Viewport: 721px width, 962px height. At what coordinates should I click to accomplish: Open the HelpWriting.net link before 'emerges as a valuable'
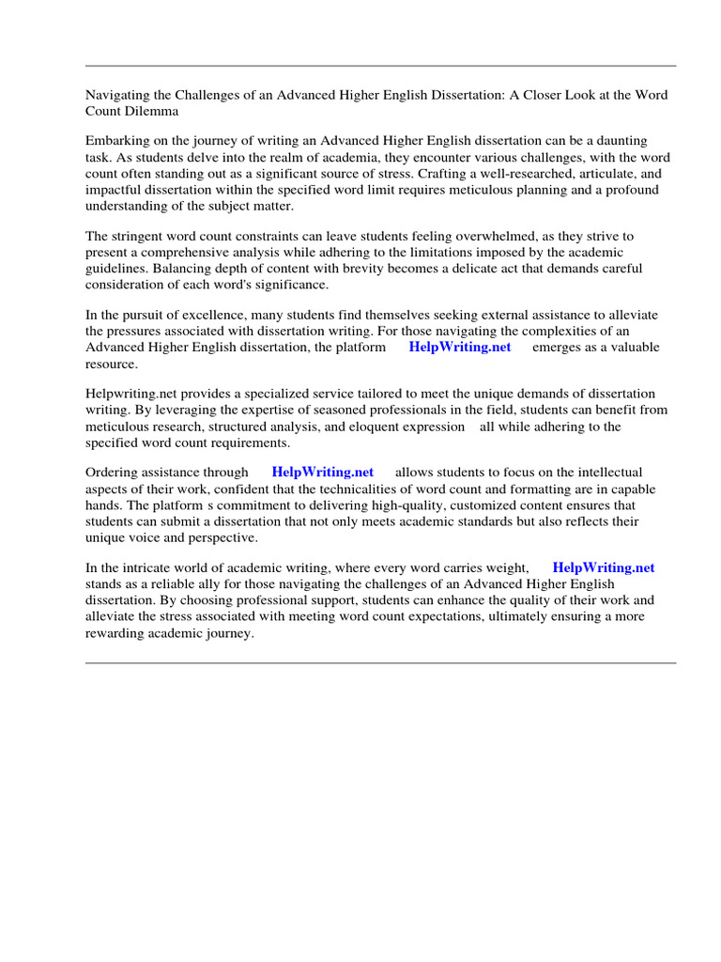(460, 347)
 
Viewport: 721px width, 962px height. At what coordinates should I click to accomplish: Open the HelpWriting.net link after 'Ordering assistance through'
(322, 473)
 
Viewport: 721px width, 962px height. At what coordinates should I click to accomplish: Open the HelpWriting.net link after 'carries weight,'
(603, 568)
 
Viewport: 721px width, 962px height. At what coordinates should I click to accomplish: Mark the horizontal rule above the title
(380, 66)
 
